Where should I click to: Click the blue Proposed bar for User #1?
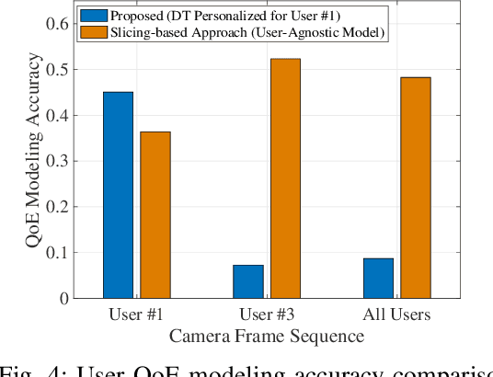(118, 195)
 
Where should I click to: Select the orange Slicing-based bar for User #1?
(155, 214)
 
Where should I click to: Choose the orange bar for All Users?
(415, 188)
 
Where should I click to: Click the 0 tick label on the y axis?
(64, 298)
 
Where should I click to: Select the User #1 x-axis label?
(136, 315)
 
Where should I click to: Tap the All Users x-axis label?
(396, 315)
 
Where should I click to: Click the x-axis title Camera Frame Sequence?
(266, 337)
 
